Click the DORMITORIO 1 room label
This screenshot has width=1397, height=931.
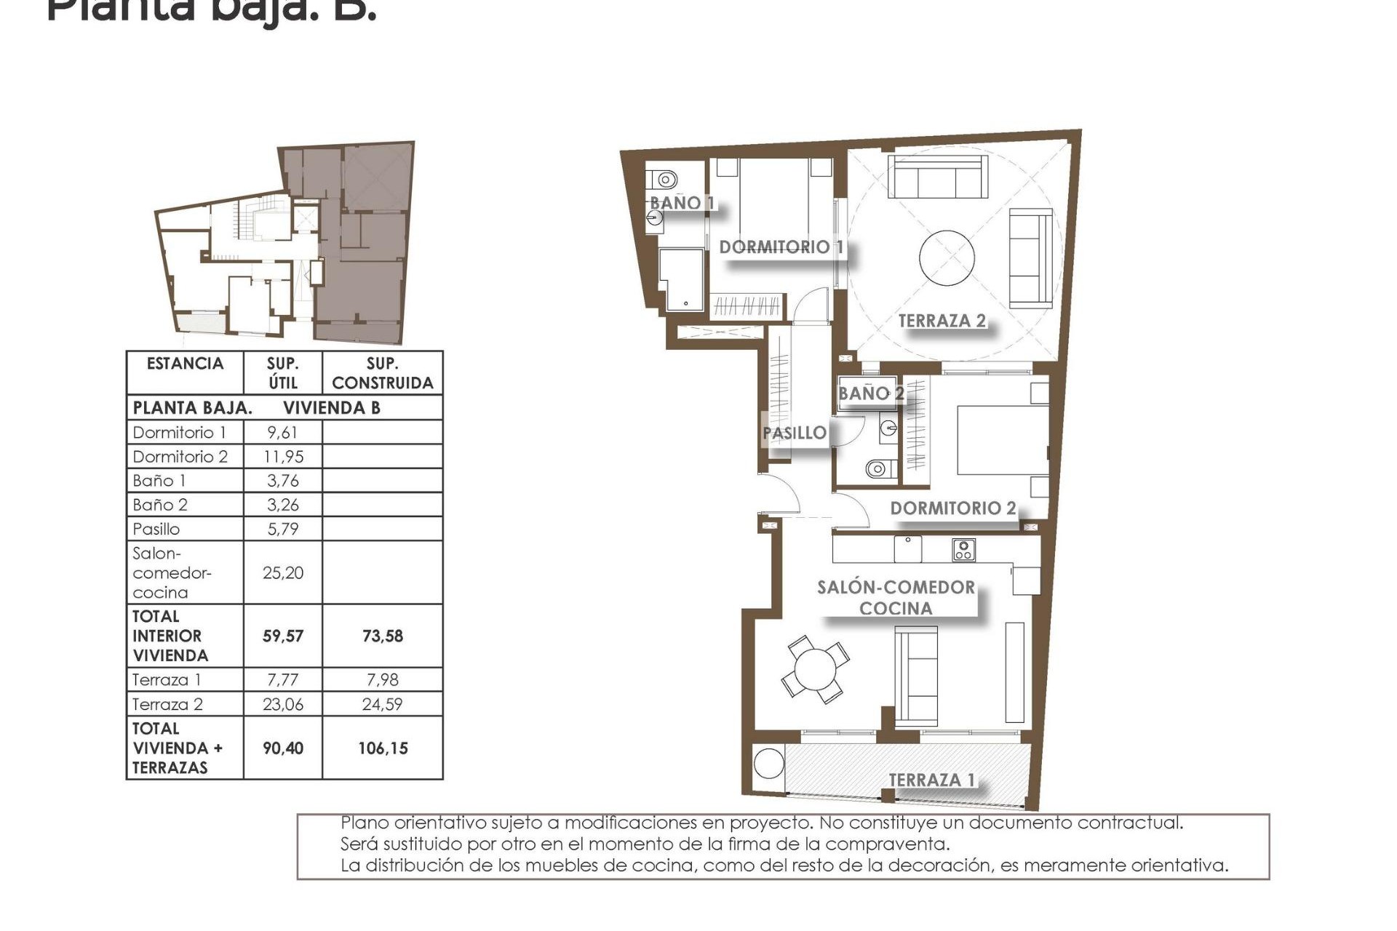(x=781, y=247)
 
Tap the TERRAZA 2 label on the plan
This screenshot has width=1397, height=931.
(x=942, y=321)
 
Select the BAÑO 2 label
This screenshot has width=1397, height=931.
(x=871, y=393)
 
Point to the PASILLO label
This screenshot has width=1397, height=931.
(x=795, y=433)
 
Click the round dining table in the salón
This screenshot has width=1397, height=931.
(x=815, y=670)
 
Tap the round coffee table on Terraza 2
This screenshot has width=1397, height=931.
(x=947, y=258)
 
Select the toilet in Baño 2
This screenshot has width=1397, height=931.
(x=878, y=468)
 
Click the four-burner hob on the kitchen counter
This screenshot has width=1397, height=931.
(x=964, y=550)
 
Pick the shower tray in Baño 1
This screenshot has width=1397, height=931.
(x=682, y=279)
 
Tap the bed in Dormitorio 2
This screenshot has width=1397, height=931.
(x=1003, y=440)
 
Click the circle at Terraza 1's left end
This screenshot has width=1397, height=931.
(x=768, y=764)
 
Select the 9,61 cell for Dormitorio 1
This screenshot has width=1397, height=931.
(x=282, y=433)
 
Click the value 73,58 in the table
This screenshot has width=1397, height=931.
(x=383, y=636)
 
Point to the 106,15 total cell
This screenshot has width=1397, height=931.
(x=383, y=748)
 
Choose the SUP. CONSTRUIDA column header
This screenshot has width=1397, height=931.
(x=383, y=373)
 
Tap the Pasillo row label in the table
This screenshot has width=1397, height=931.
(x=156, y=529)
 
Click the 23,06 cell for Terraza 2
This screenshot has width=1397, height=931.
(x=282, y=704)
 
